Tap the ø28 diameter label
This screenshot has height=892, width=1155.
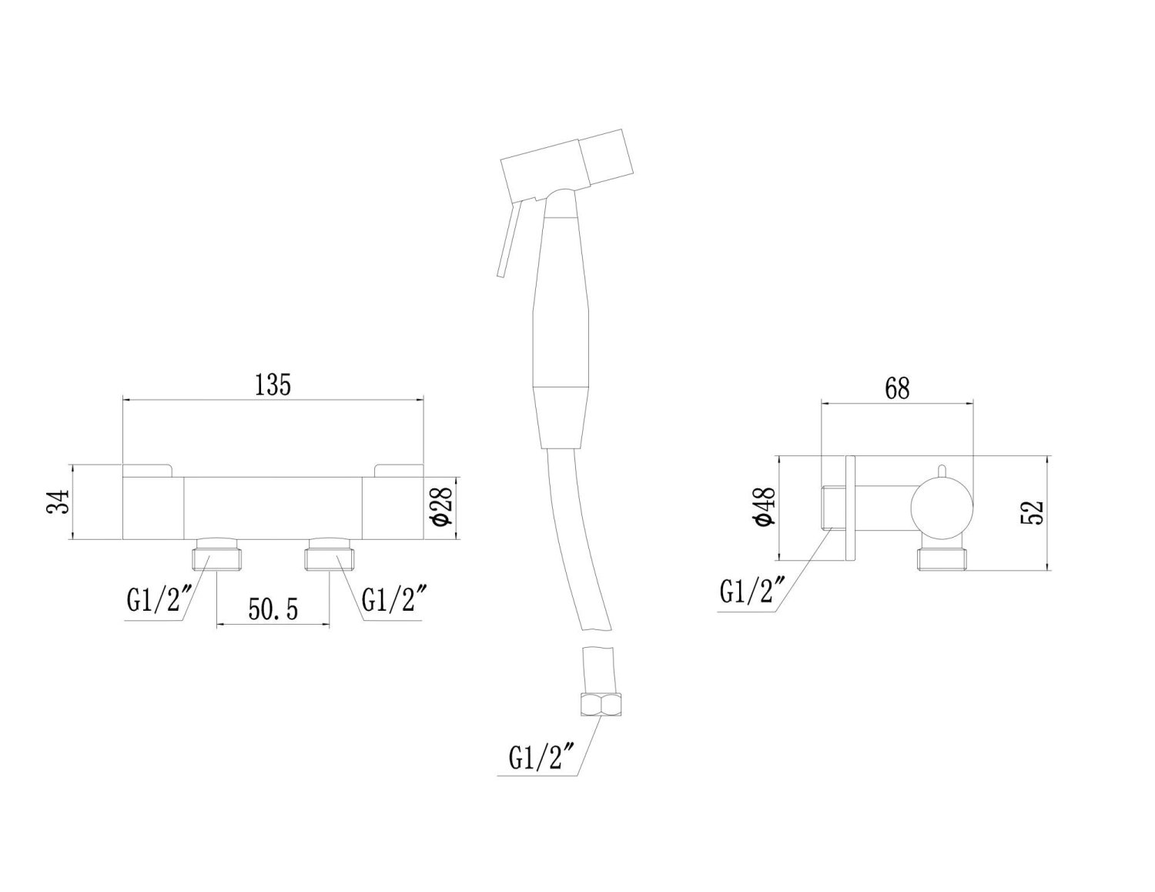coord(440,505)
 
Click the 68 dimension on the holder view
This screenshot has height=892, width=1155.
coord(897,388)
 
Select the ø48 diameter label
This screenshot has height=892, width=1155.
coord(766,507)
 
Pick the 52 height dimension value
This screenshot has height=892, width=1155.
coord(1035,511)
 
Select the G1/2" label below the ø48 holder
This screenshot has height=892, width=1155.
coord(752,592)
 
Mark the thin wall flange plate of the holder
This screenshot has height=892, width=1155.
coord(850,508)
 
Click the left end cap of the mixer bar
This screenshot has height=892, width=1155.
coord(152,508)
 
